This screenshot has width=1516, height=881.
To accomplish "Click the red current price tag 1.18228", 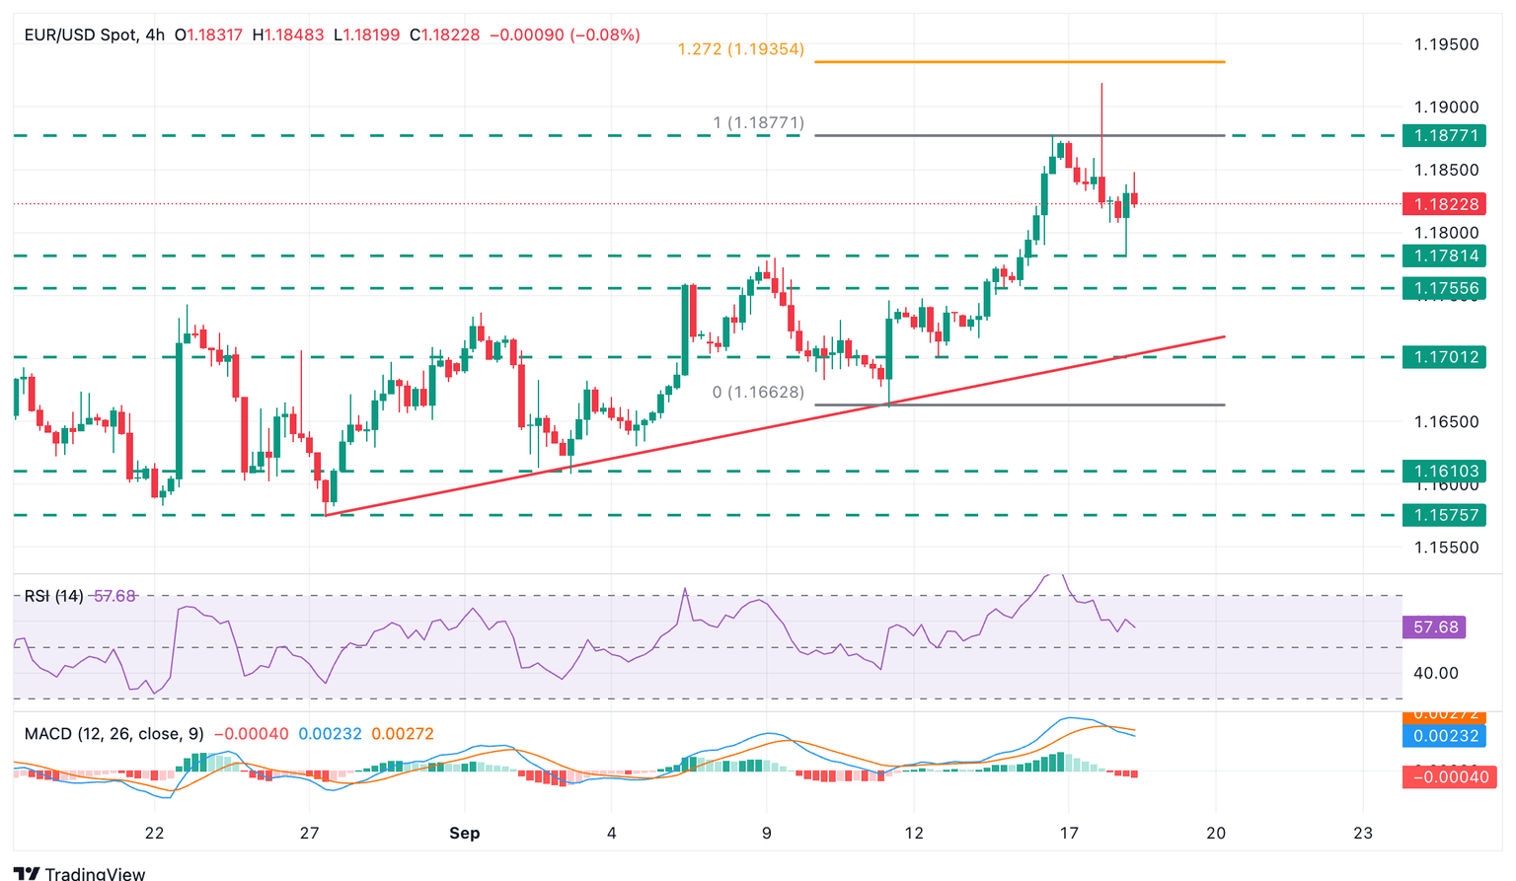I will tap(1443, 204).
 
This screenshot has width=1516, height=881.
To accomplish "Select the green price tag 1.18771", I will tap(1443, 136).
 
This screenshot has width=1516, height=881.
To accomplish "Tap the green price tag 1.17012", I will tap(1443, 357).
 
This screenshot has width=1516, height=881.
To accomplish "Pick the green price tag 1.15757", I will tap(1443, 515).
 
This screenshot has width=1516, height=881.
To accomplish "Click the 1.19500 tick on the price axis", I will tap(1446, 44).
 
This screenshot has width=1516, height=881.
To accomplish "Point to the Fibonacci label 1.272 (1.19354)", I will tap(740, 49).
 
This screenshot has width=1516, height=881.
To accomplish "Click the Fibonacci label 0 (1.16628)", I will tap(758, 393).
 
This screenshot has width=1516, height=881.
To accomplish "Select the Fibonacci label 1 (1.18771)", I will tap(758, 123).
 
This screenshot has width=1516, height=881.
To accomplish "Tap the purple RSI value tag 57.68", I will tap(1435, 627).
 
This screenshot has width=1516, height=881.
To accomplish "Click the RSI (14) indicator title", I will tap(53, 596).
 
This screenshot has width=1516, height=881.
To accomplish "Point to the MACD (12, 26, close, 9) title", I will tap(114, 734).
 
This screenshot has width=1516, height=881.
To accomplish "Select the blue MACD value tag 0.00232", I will tap(1443, 736).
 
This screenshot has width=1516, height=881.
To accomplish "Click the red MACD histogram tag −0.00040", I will tap(1443, 777).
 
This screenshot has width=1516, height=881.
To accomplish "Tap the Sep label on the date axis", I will tap(464, 833).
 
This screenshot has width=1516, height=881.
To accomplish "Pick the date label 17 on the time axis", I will tap(1068, 833).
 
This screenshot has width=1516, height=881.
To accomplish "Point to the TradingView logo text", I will tap(95, 873).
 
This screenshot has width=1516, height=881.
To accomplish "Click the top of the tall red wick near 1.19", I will tap(1101, 85).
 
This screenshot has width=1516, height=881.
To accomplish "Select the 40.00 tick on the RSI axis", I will tap(1435, 673).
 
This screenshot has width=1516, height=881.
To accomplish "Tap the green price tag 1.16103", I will tap(1443, 472).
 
